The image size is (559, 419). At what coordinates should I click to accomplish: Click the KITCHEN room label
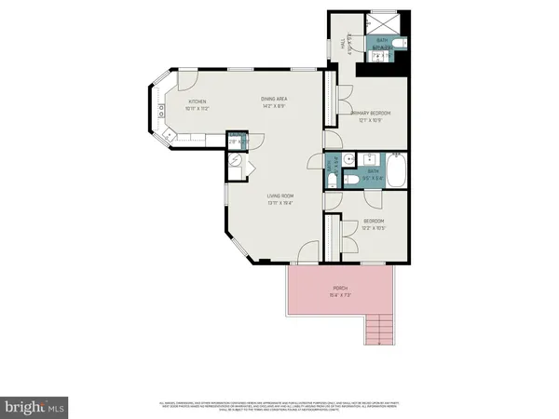(197, 101)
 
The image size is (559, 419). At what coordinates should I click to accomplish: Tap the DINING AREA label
(273, 98)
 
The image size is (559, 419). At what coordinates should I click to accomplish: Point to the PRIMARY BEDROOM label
(370, 114)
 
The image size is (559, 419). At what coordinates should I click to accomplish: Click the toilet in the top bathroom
(397, 44)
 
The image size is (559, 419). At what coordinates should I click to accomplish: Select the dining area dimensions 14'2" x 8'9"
(273, 105)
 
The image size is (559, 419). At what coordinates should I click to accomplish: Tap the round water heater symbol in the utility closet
(236, 161)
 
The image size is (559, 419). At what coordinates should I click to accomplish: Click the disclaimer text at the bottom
(279, 406)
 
